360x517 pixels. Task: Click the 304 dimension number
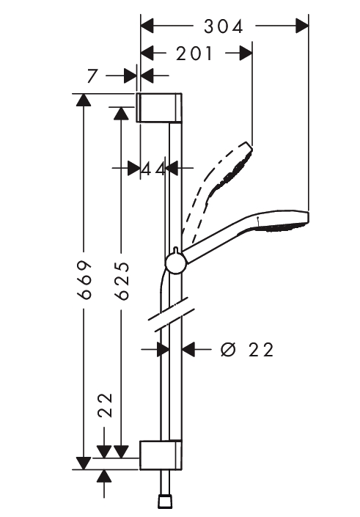223,26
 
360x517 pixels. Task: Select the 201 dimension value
194,54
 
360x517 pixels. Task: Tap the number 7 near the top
92,76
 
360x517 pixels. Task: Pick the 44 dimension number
153,169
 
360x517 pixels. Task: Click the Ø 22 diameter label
247,350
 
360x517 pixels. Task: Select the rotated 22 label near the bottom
106,406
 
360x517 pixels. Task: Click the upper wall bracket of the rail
159,108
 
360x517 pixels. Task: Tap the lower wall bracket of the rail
161,455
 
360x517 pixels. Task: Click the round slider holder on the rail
177,263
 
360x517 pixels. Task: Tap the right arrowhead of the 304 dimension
302,26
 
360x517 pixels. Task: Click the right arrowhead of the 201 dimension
246,54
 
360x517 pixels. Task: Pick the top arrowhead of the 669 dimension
84,100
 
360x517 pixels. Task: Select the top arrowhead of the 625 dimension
121,113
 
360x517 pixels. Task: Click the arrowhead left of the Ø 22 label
188,349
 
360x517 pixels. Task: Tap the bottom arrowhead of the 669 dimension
84,463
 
